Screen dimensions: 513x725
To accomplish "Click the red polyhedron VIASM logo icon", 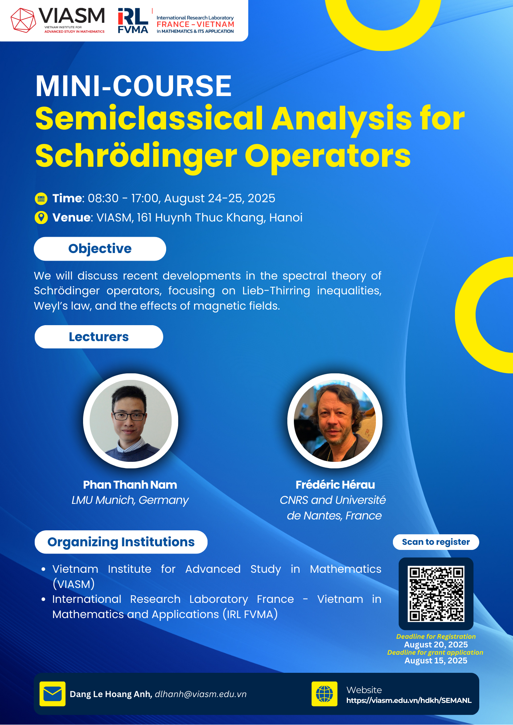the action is tap(23, 20).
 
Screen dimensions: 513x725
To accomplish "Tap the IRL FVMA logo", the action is tap(133, 21).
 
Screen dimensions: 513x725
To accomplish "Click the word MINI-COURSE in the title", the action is tap(134, 86).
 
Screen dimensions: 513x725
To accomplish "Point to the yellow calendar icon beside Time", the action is tap(41, 199).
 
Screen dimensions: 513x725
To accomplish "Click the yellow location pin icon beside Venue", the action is tap(41, 217).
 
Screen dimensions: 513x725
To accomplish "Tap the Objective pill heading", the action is tap(100, 249).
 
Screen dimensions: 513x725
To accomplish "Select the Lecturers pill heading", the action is tap(99, 337).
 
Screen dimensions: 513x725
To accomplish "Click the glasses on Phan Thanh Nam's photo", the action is tap(128, 416).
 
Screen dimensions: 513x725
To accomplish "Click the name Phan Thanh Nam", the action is tap(130, 485).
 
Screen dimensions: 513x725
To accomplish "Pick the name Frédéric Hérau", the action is tap(335, 485).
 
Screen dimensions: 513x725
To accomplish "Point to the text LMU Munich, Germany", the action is tap(130, 500).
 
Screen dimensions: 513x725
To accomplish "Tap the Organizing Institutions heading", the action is tap(121, 542).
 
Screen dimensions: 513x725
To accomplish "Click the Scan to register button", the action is tap(436, 542).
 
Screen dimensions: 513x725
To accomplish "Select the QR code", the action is tap(436, 594).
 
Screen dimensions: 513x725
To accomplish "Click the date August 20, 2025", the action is tap(436, 645).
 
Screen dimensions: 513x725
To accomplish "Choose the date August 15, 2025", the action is tap(436, 660).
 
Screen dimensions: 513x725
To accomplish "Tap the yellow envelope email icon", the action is tap(53, 694).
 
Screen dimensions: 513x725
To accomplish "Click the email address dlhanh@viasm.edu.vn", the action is tap(201, 694).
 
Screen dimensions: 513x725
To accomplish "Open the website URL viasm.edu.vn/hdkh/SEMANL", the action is tap(409, 700).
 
